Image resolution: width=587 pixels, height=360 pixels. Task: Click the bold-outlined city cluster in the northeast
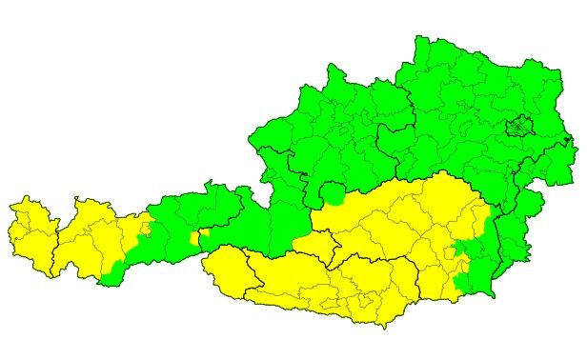[519, 127]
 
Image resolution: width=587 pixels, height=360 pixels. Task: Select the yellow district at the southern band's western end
[224, 270]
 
